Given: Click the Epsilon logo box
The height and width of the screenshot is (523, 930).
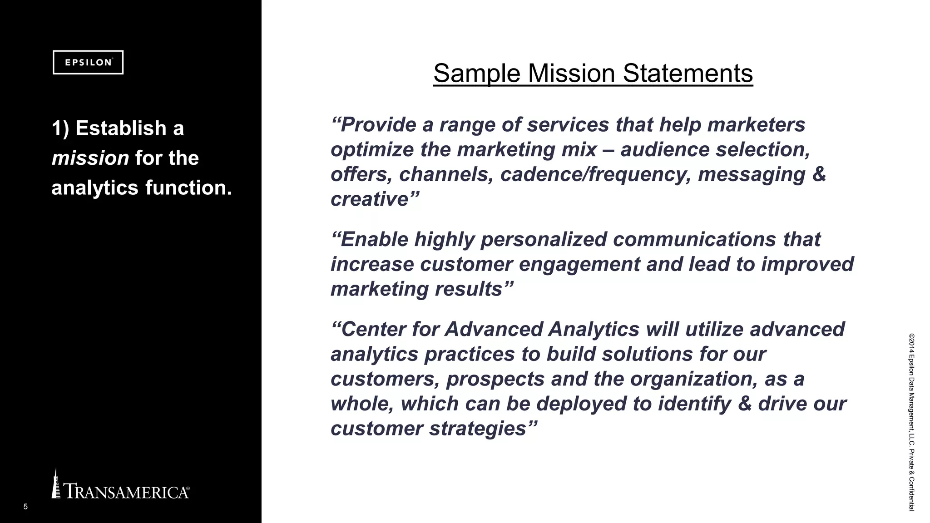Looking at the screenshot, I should tap(88, 62).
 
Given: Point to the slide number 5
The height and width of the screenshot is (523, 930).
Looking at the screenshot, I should tap(25, 507).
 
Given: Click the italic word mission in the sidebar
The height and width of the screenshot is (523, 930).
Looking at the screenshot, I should tap(90, 158).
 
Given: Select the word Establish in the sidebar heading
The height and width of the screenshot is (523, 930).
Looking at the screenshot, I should tap(121, 128).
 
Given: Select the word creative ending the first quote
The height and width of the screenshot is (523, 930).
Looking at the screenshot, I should tap(370, 199).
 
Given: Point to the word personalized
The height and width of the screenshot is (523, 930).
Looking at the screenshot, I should tap(544, 240).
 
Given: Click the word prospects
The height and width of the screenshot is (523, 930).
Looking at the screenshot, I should tap(495, 379).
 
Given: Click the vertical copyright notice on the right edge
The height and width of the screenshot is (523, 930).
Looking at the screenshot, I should tap(911, 422).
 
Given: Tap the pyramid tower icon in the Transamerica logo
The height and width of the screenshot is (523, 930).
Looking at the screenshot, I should tap(56, 484).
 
